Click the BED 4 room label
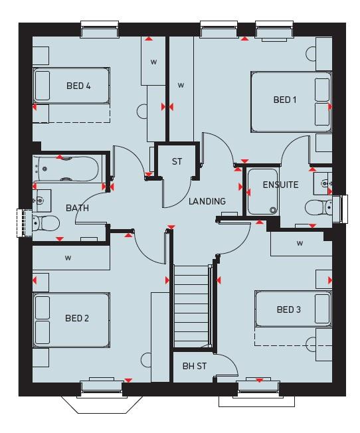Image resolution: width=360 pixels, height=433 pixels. tap(78, 86)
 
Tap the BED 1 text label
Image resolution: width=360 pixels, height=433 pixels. tap(285, 100)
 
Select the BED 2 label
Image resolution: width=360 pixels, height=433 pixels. tap(77, 318)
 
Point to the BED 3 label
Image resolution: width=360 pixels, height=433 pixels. tap(289, 309)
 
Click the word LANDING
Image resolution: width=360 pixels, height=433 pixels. tap(207, 201)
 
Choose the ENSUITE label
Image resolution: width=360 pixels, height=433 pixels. tap(280, 185)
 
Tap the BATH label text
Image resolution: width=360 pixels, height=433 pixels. tap(77, 208)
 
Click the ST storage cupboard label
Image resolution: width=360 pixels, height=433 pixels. tap(177, 161)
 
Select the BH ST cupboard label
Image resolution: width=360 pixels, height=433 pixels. tap(195, 367)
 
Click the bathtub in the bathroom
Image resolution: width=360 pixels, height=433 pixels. tap(66, 169)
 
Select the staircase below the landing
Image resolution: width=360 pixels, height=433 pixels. tap(191, 305)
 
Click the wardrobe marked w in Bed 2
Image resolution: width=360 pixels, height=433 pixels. tap(68, 257)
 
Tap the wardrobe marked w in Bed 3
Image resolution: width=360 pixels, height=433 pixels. tap(300, 244)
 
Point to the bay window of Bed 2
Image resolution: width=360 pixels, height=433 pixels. tap(102, 398)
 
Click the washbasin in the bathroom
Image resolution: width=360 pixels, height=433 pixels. tap(42, 197)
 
